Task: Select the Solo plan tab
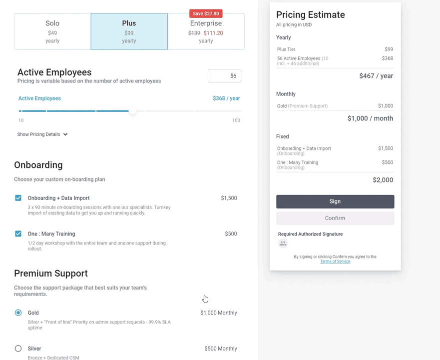pyautogui.click(x=52, y=31)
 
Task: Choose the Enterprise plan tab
pyautogui.click(x=206, y=31)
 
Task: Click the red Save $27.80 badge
pyautogui.click(x=206, y=13)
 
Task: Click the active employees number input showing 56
pyautogui.click(x=224, y=76)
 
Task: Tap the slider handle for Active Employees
pyautogui.click(x=132, y=111)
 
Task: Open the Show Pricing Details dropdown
pyautogui.click(x=42, y=134)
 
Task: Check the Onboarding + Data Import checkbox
pyautogui.click(x=18, y=198)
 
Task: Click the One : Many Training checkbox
pyautogui.click(x=18, y=233)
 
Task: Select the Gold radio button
pyautogui.click(x=18, y=312)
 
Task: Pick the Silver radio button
pyautogui.click(x=18, y=348)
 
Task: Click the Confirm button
pyautogui.click(x=335, y=218)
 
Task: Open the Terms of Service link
pyautogui.click(x=335, y=261)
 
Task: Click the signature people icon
pyautogui.click(x=283, y=243)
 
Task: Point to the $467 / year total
pyautogui.click(x=376, y=76)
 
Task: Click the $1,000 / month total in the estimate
pyautogui.click(x=370, y=118)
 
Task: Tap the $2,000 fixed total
pyautogui.click(x=383, y=180)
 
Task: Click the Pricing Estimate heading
pyautogui.click(x=311, y=15)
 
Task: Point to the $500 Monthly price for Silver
pyautogui.click(x=221, y=348)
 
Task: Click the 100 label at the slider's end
pyautogui.click(x=236, y=120)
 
